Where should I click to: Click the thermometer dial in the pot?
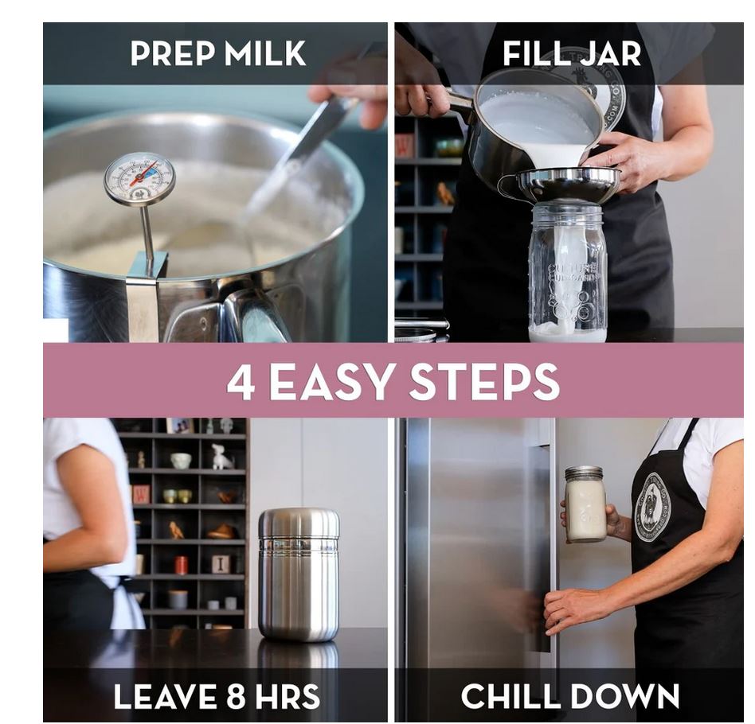(x=139, y=178)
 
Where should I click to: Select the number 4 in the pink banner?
(x=241, y=383)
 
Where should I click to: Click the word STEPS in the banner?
(x=485, y=383)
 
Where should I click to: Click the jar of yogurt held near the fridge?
(x=585, y=504)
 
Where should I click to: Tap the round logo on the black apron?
(x=652, y=507)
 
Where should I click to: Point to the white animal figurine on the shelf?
(x=221, y=457)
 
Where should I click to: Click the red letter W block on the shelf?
(x=141, y=494)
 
